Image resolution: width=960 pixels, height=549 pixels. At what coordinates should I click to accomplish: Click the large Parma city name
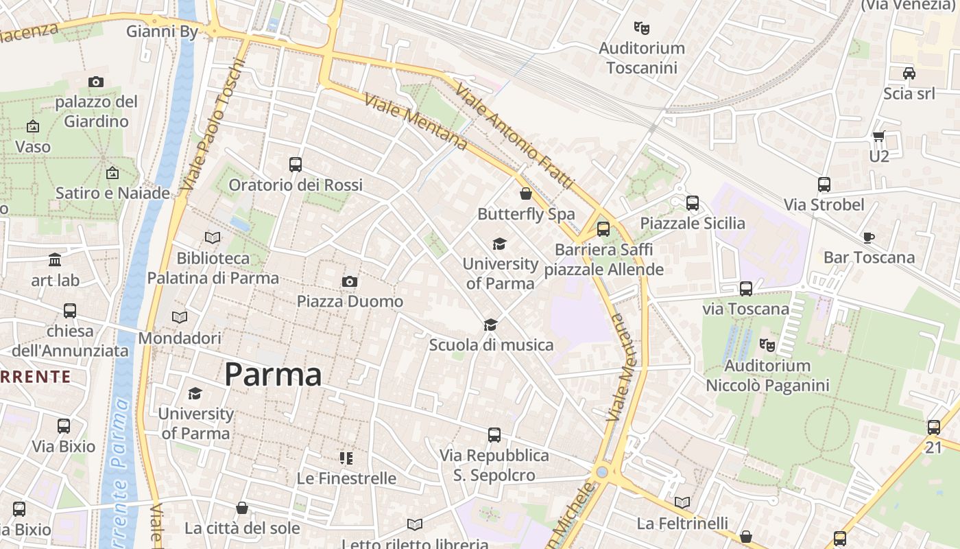click(x=273, y=375)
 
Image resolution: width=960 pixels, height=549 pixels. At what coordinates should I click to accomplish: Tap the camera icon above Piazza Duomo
click(x=350, y=282)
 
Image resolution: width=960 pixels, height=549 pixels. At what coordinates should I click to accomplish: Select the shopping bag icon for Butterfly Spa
click(x=526, y=194)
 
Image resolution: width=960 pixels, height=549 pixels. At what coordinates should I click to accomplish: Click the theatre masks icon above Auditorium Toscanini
click(x=641, y=28)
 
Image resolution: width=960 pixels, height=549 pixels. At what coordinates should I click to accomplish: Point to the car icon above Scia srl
click(x=909, y=73)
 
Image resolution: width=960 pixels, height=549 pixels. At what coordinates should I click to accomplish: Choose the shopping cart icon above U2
click(x=878, y=137)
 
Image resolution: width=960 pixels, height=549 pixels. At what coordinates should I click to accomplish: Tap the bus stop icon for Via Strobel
click(x=824, y=185)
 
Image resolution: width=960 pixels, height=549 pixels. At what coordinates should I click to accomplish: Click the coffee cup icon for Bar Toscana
click(x=868, y=238)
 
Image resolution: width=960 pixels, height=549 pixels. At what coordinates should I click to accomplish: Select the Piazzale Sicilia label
click(x=693, y=223)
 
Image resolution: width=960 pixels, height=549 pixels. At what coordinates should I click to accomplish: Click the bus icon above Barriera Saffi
click(x=603, y=229)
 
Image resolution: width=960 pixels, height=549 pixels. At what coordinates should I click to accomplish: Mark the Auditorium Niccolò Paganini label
click(x=767, y=375)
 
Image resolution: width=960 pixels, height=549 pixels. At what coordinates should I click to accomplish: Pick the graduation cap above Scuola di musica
click(x=490, y=325)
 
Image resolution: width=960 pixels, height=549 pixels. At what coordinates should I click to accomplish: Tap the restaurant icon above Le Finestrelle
click(x=346, y=458)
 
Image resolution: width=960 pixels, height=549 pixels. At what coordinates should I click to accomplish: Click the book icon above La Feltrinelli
click(x=682, y=502)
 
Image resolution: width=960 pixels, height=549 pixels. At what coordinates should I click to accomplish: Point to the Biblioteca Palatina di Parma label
click(x=213, y=268)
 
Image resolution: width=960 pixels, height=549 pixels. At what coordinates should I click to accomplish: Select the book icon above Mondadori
click(x=180, y=318)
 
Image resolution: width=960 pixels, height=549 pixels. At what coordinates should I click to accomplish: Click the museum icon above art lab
click(x=55, y=260)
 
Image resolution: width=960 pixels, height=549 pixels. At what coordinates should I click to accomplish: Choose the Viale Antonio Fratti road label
click(x=514, y=137)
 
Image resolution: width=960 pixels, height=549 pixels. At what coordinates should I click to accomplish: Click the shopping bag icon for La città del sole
click(x=242, y=508)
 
